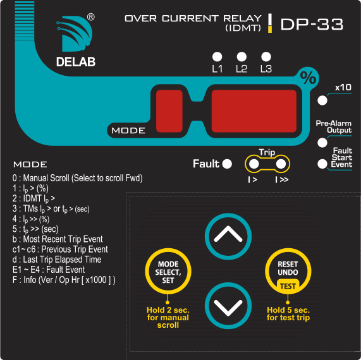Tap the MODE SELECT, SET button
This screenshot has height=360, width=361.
coord(168,271)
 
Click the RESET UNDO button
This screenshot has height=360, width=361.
coord(288,271)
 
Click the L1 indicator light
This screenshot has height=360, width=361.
coord(217,57)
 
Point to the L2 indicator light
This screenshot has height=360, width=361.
coord(242,57)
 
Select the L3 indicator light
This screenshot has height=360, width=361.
coord(266,57)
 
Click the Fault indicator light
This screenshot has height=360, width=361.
coord(227,164)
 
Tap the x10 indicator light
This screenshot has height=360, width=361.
coord(322,100)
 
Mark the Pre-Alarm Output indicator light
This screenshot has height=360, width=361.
coord(322,143)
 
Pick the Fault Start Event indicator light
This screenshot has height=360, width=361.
coord(322,164)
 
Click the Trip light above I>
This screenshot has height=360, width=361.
coord(254,164)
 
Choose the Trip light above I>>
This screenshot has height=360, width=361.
coord(281,164)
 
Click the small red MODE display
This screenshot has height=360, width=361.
coord(169,111)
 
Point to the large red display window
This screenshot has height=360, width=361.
coord(254,111)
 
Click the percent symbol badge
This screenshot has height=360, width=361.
coord(309,78)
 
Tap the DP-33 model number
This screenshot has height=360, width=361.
coord(312,25)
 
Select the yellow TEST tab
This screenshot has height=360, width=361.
coord(288,286)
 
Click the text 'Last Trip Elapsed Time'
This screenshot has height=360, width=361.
coord(62,260)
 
